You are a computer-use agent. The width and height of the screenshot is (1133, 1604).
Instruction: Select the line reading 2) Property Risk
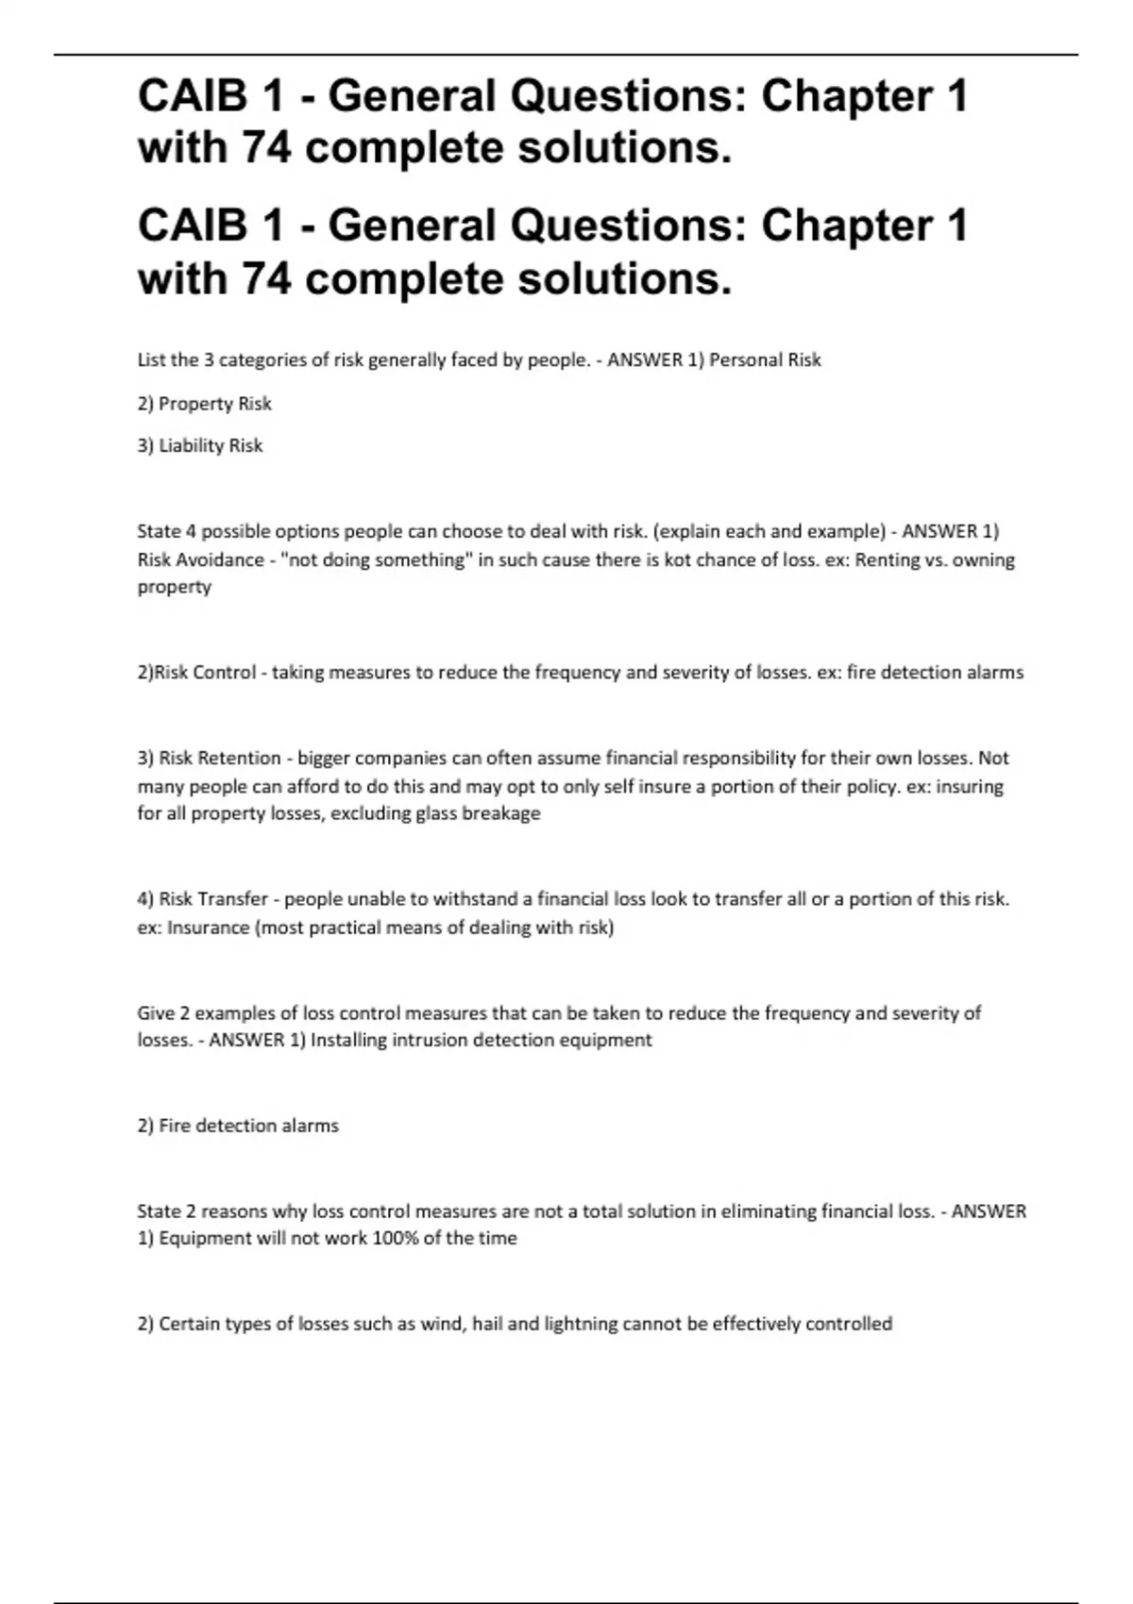coord(205,404)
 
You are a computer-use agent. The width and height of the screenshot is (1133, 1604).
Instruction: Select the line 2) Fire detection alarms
coord(238,1126)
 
